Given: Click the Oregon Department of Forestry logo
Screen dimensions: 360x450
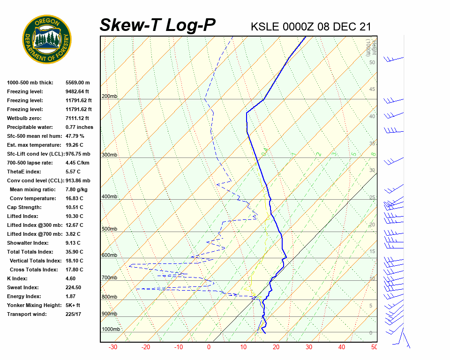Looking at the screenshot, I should click(47, 39).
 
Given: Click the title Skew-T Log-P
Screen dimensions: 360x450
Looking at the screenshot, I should click(157, 25).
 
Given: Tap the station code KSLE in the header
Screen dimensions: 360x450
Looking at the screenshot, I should click(266, 27).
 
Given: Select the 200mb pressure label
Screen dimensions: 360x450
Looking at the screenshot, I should click(109, 97).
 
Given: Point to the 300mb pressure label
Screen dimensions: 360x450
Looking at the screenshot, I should click(109, 155).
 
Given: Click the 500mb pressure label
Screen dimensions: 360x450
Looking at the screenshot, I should click(109, 229).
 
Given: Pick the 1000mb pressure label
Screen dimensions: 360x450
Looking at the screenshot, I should click(111, 330).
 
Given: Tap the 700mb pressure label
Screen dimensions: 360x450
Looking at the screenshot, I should click(109, 278).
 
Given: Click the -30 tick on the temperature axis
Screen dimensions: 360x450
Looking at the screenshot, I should click(113, 347).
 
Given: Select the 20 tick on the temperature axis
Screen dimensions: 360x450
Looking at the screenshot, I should click(276, 347).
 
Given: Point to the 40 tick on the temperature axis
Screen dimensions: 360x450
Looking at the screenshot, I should click(341, 347).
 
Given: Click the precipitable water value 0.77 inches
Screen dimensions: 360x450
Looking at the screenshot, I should click(79, 127).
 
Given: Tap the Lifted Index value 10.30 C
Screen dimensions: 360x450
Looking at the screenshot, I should click(75, 216).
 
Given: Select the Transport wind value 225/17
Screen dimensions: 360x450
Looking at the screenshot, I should click(74, 314).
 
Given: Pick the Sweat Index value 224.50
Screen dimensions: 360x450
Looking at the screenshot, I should click(74, 287).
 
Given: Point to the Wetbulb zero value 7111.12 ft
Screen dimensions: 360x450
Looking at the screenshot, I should click(77, 118).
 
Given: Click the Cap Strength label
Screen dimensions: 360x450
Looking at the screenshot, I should click(24, 207).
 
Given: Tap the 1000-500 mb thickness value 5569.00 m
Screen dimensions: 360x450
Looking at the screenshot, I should click(78, 82).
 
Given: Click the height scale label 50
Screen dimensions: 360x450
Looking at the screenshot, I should click(372, 62).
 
